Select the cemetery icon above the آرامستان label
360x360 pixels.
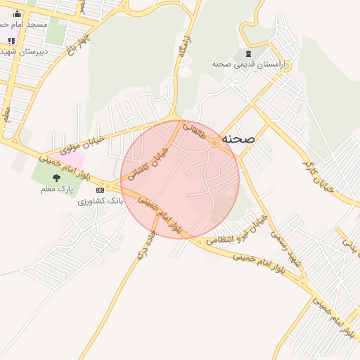coord(247,53)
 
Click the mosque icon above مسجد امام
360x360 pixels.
coord(18,13)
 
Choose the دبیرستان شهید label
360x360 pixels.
coord(24,51)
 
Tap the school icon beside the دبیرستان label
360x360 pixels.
coord(11,41)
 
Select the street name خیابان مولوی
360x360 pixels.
coord(83,143)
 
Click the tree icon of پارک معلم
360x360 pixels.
coord(57,178)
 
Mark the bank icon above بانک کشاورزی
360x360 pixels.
coord(100,190)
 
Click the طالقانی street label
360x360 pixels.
coord(195,131)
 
